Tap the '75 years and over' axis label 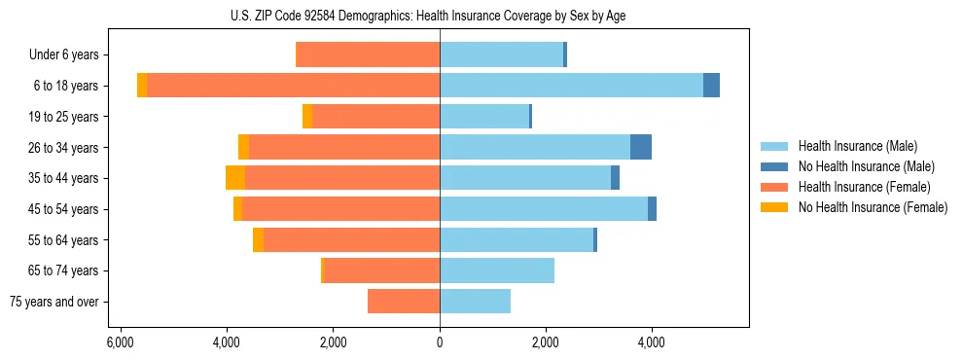pos(55,302)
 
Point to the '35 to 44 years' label pos(66,178)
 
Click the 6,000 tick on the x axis pos(120,342)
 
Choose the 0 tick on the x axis pos(440,342)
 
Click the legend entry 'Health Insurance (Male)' pos(857,146)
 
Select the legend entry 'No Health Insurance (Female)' pos(873,207)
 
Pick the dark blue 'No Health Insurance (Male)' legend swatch pos(775,166)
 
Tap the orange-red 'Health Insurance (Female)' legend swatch pos(775,187)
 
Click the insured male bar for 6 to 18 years pos(571,86)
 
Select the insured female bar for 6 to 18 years pos(293,86)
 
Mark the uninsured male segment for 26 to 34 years pos(641,147)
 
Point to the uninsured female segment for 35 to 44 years pos(235,178)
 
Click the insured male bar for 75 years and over pos(475,302)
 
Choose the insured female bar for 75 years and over pos(404,302)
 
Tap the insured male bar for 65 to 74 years pos(497,270)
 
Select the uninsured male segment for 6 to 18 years pos(711,86)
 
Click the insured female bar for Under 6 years pos(368,54)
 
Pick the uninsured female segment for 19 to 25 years pos(307,117)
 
